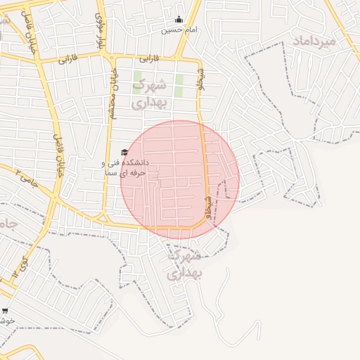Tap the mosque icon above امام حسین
(x=179, y=20)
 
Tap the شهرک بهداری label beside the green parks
(x=149, y=93)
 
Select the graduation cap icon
(x=124, y=152)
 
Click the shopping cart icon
(x=6, y=310)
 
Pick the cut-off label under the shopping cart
(x=7, y=321)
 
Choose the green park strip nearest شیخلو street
(x=179, y=86)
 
